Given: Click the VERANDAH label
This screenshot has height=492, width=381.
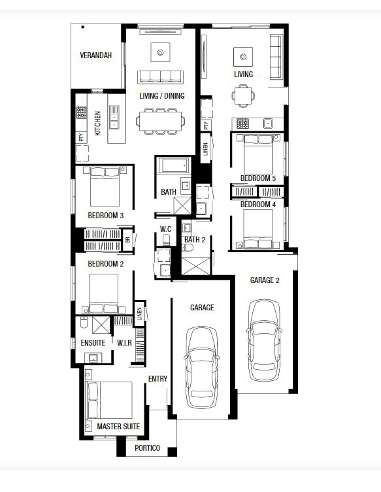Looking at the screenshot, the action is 95,56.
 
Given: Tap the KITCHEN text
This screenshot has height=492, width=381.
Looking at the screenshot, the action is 97,123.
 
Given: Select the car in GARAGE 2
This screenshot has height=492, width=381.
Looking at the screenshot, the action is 264,340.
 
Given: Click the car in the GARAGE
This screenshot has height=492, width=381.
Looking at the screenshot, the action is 201,367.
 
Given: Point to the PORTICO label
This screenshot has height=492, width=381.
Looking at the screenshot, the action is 147,448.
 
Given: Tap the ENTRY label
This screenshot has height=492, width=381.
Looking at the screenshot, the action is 157,379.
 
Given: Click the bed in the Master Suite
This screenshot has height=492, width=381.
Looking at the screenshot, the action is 109,400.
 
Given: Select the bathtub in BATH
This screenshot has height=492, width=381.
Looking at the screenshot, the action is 174,165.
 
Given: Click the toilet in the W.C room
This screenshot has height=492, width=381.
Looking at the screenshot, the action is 166,240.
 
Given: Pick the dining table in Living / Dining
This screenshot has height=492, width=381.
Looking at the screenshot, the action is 160,121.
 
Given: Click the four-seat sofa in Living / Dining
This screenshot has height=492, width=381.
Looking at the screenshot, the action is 160,77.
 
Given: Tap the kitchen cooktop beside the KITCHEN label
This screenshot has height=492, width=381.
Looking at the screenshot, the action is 81,112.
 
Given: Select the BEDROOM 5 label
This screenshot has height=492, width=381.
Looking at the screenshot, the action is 258,178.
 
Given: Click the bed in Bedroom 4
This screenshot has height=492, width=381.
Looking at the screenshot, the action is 258,229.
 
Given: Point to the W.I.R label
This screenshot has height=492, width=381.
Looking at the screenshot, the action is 124,342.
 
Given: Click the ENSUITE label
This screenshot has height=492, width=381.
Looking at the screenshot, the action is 93,342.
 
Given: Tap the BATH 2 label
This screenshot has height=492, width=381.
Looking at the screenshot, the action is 195,240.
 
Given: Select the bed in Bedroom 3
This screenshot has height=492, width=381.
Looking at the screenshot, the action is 105,186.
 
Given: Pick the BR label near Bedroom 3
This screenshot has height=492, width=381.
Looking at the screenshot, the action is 127,240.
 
